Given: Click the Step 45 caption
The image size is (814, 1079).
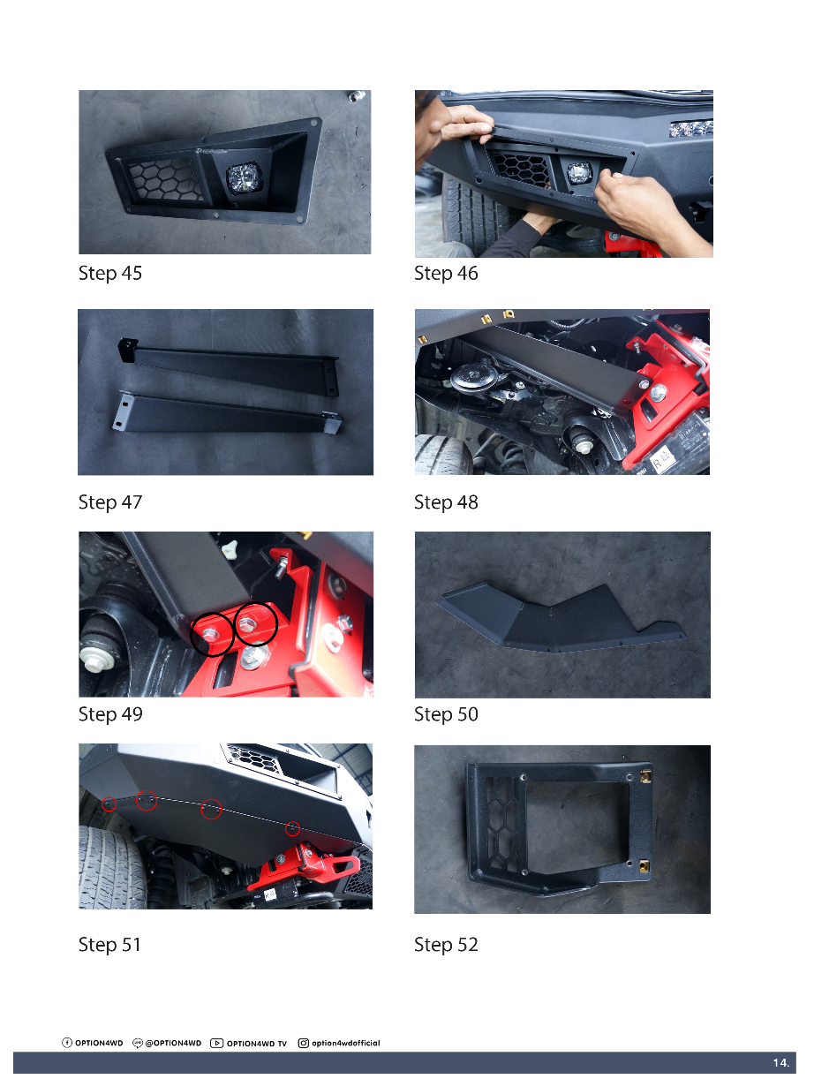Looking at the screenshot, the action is tap(110, 274).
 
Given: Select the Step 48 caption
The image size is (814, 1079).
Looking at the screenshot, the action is tap(446, 502).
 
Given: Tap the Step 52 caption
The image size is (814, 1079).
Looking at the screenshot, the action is tap(446, 945).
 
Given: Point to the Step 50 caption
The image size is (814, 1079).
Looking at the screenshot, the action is tap(446, 714).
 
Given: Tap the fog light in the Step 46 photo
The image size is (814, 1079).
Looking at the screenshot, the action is tap(579, 173).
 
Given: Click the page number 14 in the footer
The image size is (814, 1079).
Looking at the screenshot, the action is tap(781, 1063).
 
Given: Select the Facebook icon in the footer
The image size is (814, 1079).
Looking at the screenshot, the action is tap(67, 1043).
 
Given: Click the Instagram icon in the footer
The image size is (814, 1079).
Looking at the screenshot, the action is tap(304, 1043).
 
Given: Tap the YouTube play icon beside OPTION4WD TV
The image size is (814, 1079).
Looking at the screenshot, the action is tap(217, 1043).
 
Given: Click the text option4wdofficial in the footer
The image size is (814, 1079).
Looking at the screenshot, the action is tap(345, 1043).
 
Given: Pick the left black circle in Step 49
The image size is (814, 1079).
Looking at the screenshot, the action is tap(212, 634).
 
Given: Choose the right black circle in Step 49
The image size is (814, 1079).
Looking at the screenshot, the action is tap(256, 623).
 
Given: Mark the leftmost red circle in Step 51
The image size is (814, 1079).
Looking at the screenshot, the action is tap(109, 804).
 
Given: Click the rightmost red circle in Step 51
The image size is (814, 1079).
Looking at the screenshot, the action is tap(292, 828).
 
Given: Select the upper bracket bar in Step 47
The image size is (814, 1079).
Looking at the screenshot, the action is tap(229, 366).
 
